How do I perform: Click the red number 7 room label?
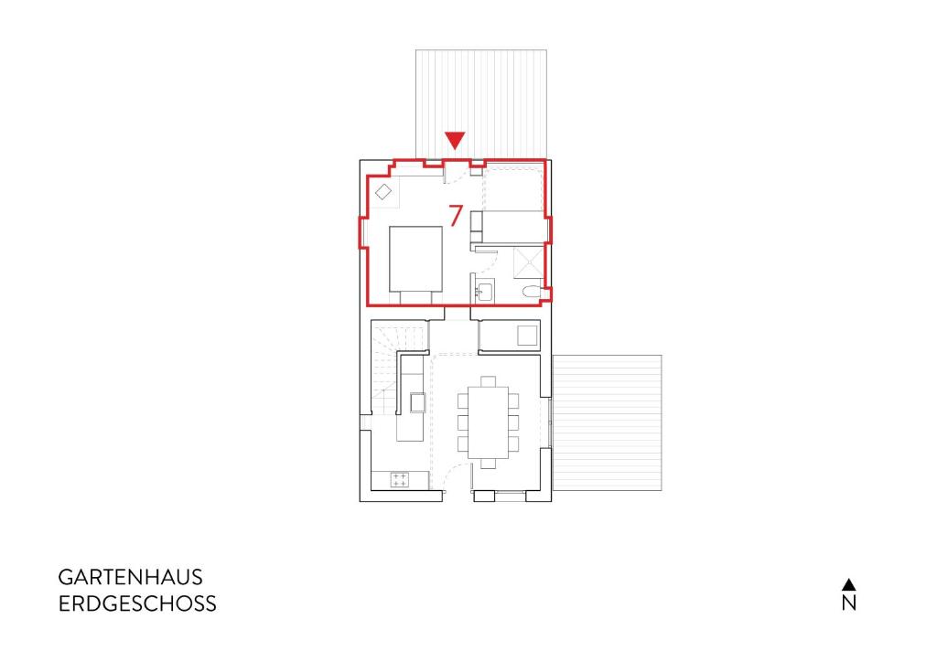(456, 216)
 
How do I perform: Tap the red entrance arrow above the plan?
(456, 141)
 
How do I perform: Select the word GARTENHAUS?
(130, 577)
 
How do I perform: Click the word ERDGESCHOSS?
(137, 603)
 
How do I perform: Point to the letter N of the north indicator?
(849, 603)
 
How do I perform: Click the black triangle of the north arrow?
(849, 583)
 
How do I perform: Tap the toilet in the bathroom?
(531, 292)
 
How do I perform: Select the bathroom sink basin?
(484, 292)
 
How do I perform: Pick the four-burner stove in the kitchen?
(399, 479)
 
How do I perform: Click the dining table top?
(489, 422)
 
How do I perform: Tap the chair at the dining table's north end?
(489, 381)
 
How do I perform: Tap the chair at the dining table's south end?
(489, 464)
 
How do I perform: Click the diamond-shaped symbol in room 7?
(383, 192)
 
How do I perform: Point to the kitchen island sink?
(417, 403)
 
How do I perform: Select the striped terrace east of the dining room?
(608, 422)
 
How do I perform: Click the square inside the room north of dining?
(528, 335)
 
